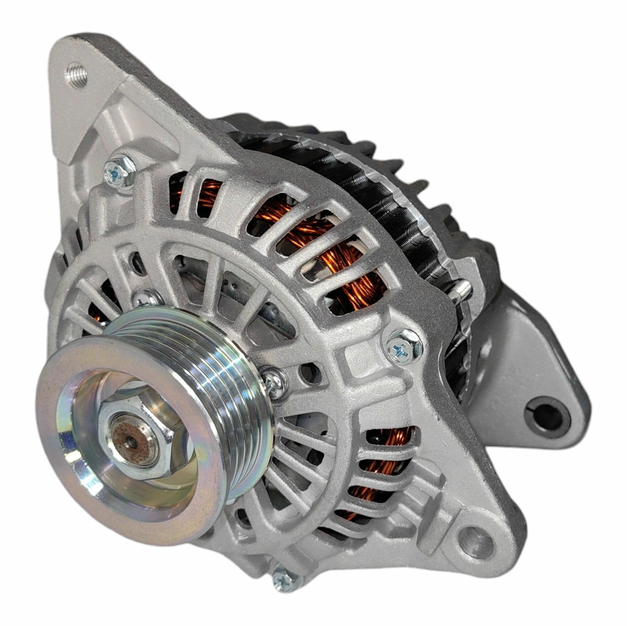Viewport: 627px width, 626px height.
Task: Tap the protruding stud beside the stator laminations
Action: pyautogui.click(x=462, y=287)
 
